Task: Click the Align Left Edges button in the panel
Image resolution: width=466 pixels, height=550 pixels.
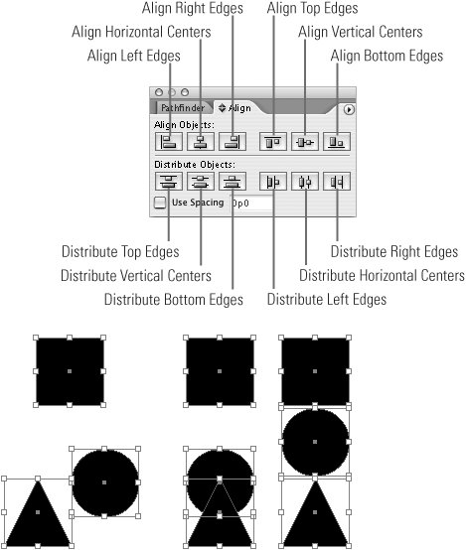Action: click(169, 141)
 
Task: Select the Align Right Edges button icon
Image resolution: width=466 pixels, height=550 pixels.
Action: click(233, 141)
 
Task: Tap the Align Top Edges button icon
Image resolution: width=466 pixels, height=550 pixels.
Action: click(273, 141)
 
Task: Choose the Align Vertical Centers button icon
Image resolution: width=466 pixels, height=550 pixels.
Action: click(305, 141)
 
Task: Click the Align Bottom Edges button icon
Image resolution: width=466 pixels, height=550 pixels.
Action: click(337, 141)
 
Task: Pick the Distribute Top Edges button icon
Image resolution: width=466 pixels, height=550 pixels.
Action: click(169, 182)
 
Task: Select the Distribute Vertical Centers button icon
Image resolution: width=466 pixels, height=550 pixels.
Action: click(201, 182)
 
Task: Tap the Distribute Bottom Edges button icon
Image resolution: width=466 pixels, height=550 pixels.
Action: click(233, 182)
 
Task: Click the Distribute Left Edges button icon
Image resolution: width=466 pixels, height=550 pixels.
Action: click(273, 182)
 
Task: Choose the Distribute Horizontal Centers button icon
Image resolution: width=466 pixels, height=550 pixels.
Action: click(305, 182)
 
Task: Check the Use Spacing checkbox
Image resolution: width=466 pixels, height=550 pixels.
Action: click(160, 203)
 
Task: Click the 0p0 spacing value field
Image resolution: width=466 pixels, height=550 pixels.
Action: click(251, 204)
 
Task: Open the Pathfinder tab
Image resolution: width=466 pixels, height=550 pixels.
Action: click(183, 107)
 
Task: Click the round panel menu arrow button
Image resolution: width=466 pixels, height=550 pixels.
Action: click(349, 110)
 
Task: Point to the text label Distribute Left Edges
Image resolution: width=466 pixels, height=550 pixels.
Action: click(327, 300)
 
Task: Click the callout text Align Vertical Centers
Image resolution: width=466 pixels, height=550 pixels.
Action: click(361, 32)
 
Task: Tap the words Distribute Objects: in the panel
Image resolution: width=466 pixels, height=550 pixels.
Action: click(195, 164)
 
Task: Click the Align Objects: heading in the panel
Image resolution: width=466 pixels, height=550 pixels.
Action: click(184, 125)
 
